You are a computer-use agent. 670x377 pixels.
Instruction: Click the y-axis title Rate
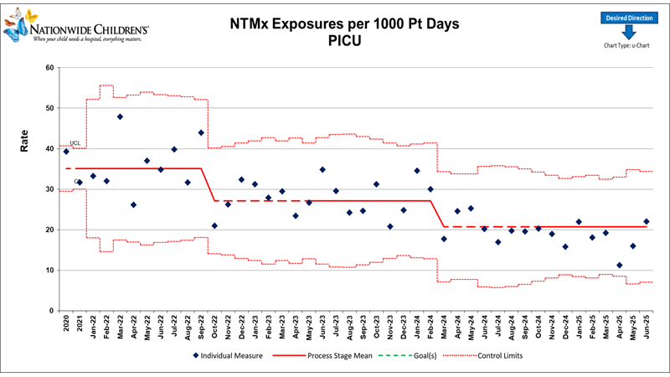point(24,144)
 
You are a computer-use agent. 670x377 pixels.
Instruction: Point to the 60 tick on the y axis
point(49,68)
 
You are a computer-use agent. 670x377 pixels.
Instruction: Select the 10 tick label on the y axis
point(49,270)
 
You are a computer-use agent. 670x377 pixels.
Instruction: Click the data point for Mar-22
point(120,116)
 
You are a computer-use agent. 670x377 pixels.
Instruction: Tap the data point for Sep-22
point(201,132)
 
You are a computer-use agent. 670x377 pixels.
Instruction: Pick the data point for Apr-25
point(619,265)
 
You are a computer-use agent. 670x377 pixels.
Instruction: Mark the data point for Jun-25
point(646,221)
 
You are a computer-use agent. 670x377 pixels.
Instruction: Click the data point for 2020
point(66,151)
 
